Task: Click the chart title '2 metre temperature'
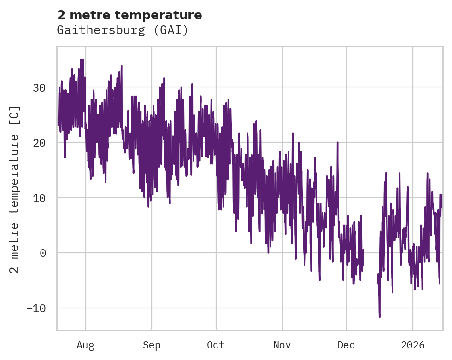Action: pos(129,15)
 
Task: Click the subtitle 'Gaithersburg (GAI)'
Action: pos(122,30)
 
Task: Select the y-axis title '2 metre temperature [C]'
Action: pos(15,190)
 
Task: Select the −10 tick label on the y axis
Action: pos(37,308)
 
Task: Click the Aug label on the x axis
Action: pos(85,345)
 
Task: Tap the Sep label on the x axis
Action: pos(151,345)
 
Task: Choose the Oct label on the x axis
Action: pos(216,345)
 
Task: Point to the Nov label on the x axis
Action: pos(282,345)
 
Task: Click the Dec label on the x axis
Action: pos(346,345)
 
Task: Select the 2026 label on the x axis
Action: pos(412,345)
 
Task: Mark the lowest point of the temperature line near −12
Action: pos(380,316)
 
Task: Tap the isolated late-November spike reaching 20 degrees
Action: pos(337,143)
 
